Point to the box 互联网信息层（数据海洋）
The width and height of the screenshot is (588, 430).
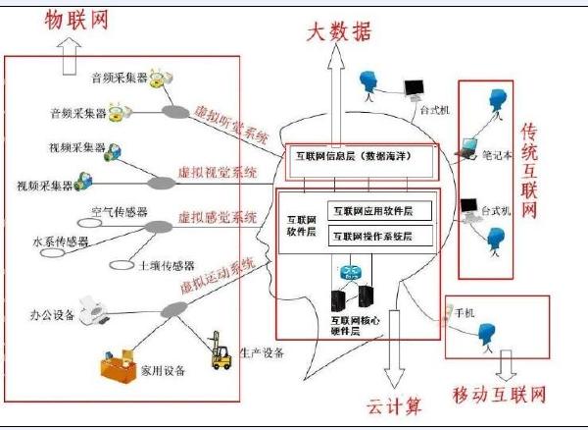pos(354,155)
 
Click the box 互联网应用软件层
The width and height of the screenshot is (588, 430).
pos(371,209)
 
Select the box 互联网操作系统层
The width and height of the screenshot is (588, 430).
pos(371,237)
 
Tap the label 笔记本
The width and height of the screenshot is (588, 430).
pos(499,154)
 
